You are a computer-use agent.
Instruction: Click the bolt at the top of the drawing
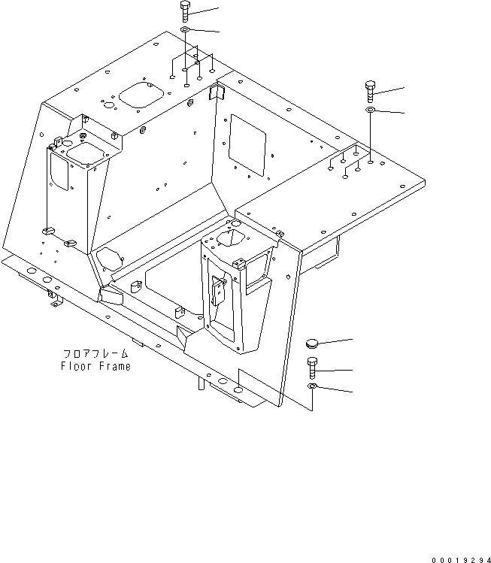coord(185,13)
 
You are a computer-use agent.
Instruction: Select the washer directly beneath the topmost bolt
coord(185,30)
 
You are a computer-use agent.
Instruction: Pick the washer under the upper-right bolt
coord(371,111)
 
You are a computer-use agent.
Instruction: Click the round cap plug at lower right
coord(313,344)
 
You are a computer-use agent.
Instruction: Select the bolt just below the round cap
coord(312,369)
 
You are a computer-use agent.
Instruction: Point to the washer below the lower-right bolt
coord(312,386)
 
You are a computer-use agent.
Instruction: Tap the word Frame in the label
coord(114,367)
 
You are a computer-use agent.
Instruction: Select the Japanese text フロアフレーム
coord(95,353)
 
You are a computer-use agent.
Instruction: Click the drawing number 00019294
coord(459,557)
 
